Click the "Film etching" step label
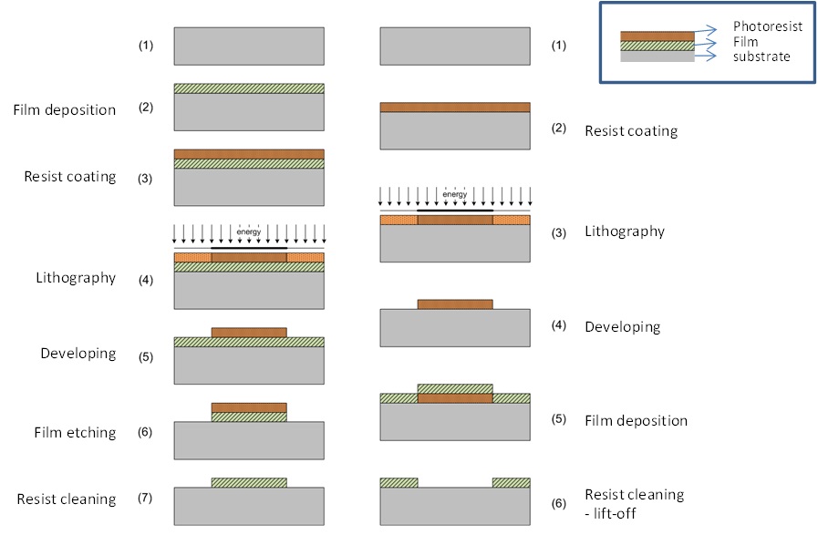pyautogui.click(x=78, y=432)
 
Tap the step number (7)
pyautogui.click(x=146, y=499)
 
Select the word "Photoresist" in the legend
pyautogui.click(x=768, y=27)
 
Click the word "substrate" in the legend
pyautogui.click(x=761, y=57)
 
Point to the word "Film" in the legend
pyautogui.click(x=746, y=42)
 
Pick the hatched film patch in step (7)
pyautogui.click(x=248, y=482)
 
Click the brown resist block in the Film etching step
pyautogui.click(x=248, y=407)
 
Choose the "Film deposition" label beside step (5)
pyautogui.click(x=636, y=421)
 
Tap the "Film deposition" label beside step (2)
pyautogui.click(x=64, y=110)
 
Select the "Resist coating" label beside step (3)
pyautogui.click(x=69, y=176)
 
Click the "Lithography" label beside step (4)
pyautogui.click(x=77, y=277)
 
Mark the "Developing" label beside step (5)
pyautogui.click(x=78, y=353)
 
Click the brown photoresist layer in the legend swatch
pyautogui.click(x=657, y=36)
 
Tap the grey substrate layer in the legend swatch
pyautogui.click(x=657, y=56)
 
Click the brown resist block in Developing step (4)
pyautogui.click(x=454, y=304)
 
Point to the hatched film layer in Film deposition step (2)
pyautogui.click(x=248, y=88)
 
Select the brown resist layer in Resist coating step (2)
pyautogui.click(x=454, y=107)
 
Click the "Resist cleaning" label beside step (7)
pyautogui.click(x=66, y=499)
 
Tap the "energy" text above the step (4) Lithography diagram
pyautogui.click(x=248, y=231)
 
